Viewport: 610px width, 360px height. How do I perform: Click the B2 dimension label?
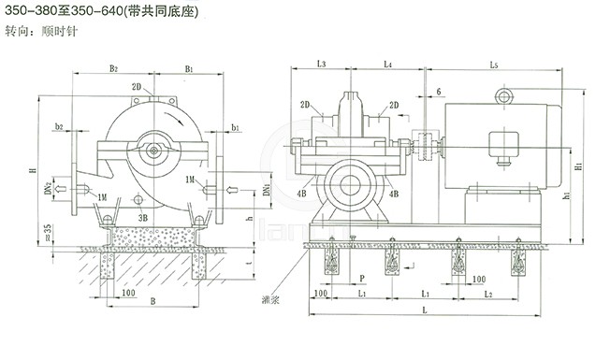112,68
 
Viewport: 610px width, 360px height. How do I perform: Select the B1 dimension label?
189,68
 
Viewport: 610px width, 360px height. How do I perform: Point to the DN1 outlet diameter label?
269,190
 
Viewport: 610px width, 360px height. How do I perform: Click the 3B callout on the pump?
143,215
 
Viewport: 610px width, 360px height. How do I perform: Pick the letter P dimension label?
361,280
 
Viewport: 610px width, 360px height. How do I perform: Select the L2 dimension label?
488,295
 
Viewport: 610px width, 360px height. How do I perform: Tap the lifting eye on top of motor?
506,95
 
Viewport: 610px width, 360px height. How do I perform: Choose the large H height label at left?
31,172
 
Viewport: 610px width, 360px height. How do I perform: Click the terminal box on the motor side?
505,142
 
